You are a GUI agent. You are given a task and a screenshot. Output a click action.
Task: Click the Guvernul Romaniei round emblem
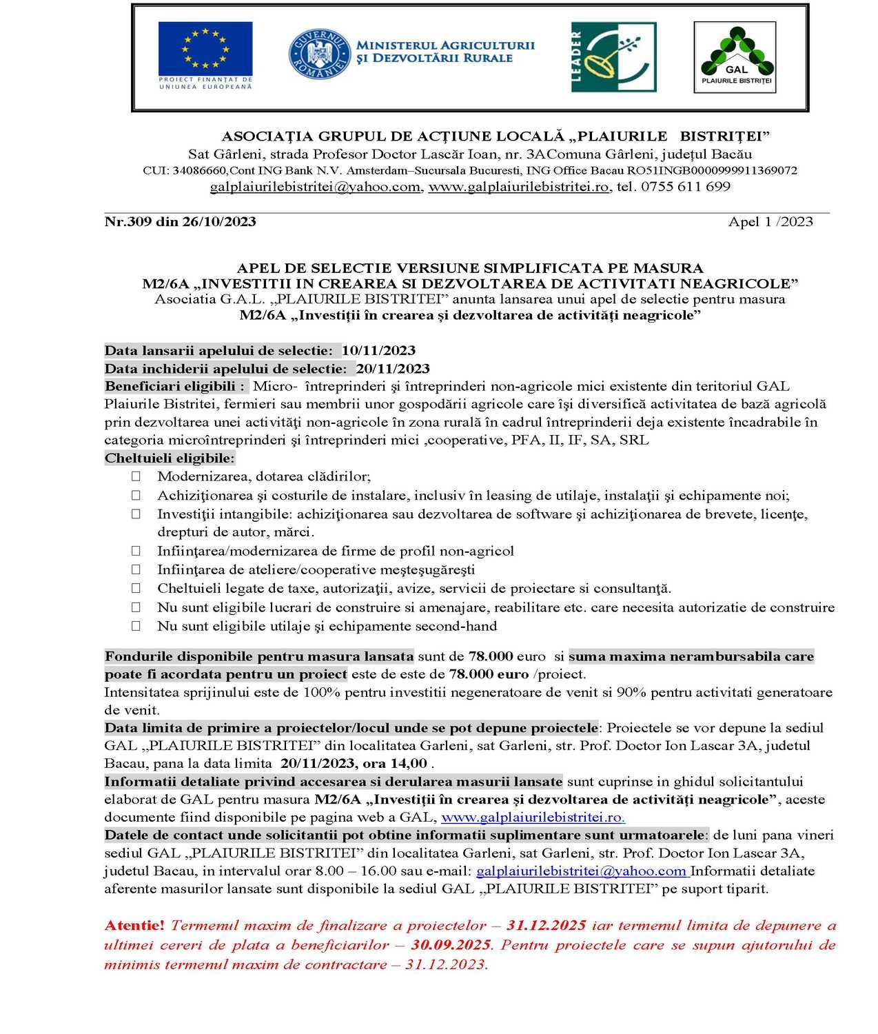[x=318, y=54]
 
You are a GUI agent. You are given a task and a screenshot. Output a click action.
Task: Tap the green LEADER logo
[x=613, y=57]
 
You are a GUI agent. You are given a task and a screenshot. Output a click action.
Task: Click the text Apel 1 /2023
[x=770, y=222]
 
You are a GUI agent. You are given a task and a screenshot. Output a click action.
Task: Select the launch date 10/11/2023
[x=378, y=351]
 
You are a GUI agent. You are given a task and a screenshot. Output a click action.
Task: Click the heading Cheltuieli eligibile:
[x=170, y=458]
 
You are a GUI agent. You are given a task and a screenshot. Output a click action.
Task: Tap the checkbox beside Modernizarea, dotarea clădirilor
[x=136, y=476]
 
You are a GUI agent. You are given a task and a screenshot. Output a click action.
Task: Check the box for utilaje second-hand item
[x=136, y=627]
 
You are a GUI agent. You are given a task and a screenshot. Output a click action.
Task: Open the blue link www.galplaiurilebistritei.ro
[x=533, y=818]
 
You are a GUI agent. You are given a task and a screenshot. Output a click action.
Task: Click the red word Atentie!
[x=134, y=926]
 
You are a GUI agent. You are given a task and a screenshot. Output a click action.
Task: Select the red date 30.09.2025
[x=451, y=945]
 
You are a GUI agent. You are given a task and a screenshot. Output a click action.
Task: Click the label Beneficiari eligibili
[x=174, y=387]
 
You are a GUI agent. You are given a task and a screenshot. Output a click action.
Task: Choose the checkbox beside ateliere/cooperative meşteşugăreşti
[x=136, y=570]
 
